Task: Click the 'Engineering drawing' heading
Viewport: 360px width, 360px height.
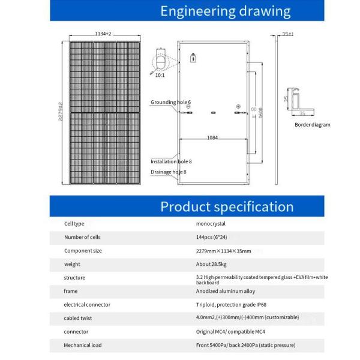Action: tap(226, 11)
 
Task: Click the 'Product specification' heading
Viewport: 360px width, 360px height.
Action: tap(227, 207)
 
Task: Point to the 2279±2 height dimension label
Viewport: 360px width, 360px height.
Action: tap(60, 111)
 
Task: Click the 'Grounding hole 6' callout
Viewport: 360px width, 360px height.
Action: tap(170, 103)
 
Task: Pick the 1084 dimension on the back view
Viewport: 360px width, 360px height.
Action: tap(212, 138)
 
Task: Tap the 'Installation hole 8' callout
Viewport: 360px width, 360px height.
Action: tap(171, 161)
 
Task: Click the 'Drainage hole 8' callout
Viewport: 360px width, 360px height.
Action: tap(169, 172)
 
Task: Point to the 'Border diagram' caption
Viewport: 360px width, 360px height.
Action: tap(312, 125)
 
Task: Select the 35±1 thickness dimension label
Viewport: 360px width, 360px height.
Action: tap(288, 34)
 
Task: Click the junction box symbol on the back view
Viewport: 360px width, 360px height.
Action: tap(193, 59)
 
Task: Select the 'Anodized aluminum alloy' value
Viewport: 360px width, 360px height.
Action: tap(225, 291)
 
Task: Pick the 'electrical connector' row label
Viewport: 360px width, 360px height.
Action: tap(87, 305)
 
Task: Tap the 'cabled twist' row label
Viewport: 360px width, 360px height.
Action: tap(78, 318)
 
